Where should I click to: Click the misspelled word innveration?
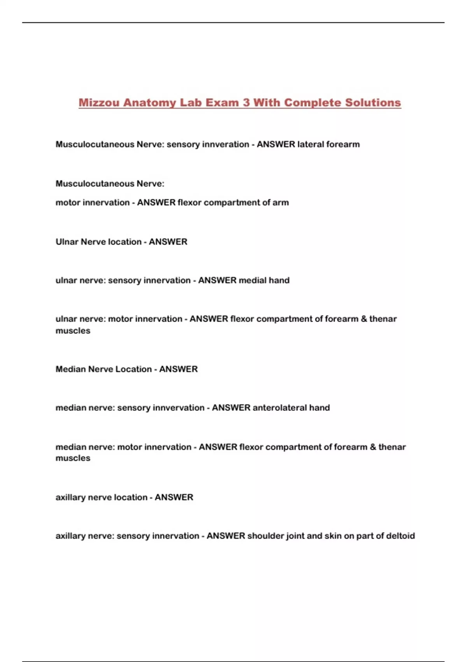[225, 144]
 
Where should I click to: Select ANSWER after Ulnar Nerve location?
[168, 242]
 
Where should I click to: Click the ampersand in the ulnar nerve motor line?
[364, 319]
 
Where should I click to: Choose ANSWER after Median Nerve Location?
[178, 369]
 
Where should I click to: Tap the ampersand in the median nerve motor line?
[373, 447]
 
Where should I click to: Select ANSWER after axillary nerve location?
[174, 497]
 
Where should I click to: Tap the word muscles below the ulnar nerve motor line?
[73, 331]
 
